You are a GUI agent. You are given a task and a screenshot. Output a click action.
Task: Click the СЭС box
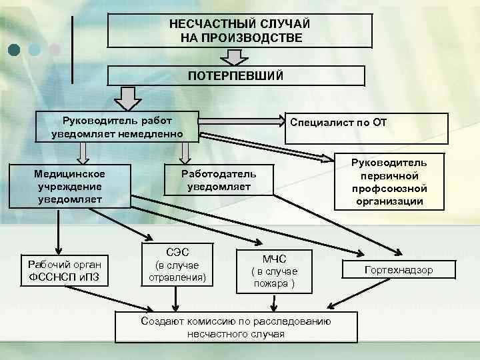coord(177,265)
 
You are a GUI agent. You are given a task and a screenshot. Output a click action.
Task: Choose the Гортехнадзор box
coord(398,270)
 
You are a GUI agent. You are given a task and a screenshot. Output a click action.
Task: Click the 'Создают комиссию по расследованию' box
coord(236,327)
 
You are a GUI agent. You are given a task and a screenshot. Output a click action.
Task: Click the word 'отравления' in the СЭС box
coord(177,277)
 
